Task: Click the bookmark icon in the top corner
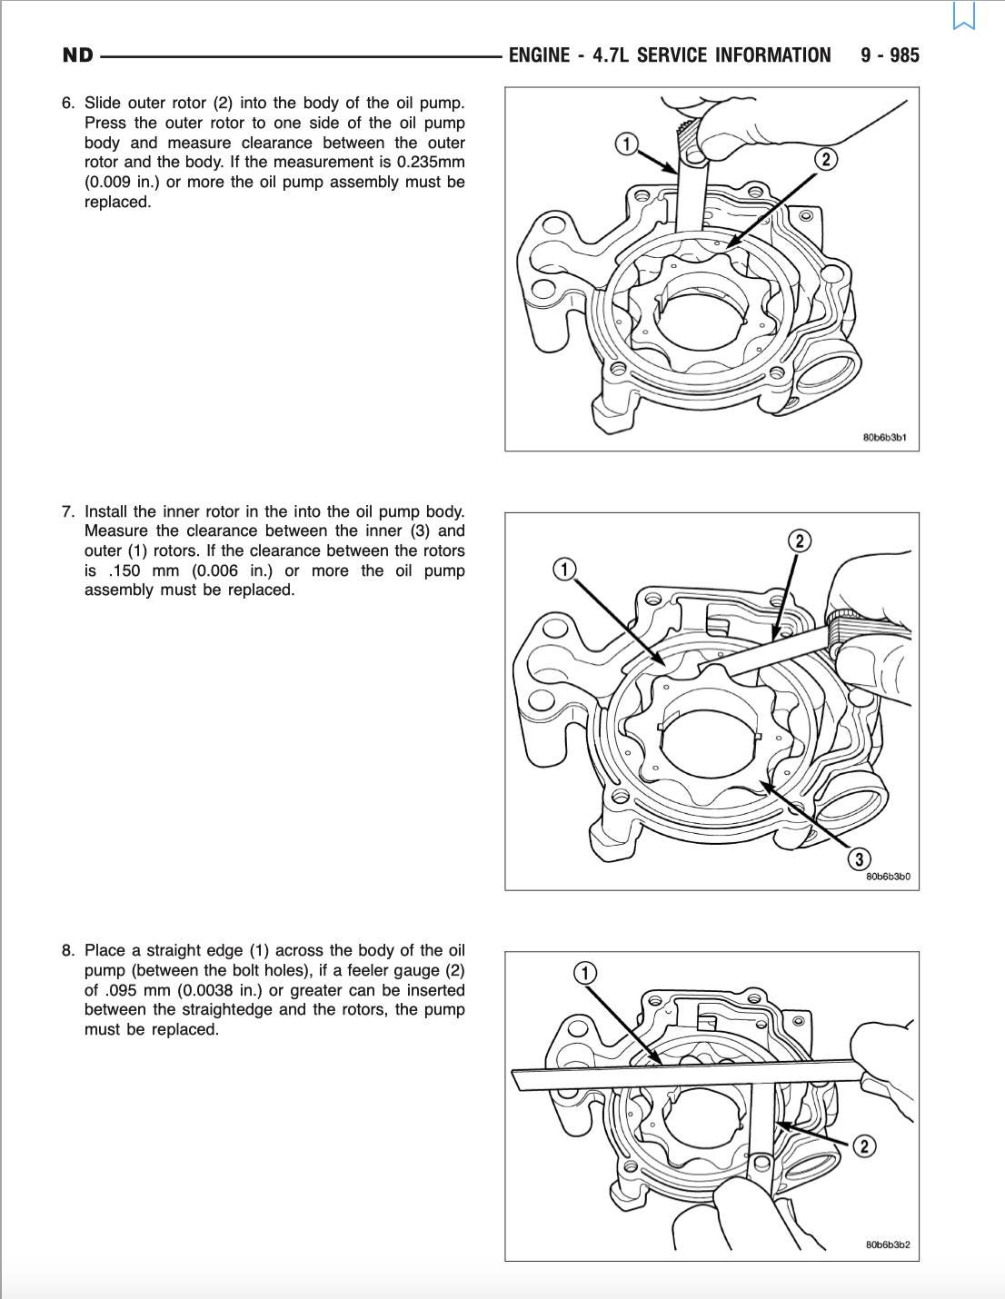tap(964, 15)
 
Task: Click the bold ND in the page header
tap(78, 55)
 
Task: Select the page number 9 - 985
tap(890, 55)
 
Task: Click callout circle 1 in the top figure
tap(626, 144)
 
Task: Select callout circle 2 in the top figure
tap(825, 159)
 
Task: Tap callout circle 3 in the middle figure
tap(859, 859)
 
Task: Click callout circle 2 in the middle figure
tap(799, 542)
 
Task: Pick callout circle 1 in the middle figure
tap(564, 570)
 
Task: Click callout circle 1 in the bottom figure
tap(585, 973)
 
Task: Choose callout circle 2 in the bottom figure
tap(863, 1145)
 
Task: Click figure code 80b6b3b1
tap(884, 438)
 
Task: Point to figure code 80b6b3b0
tap(888, 878)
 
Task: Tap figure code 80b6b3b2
tap(888, 1244)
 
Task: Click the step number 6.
tap(67, 104)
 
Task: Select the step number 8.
tap(67, 951)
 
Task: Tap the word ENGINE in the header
tap(539, 55)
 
